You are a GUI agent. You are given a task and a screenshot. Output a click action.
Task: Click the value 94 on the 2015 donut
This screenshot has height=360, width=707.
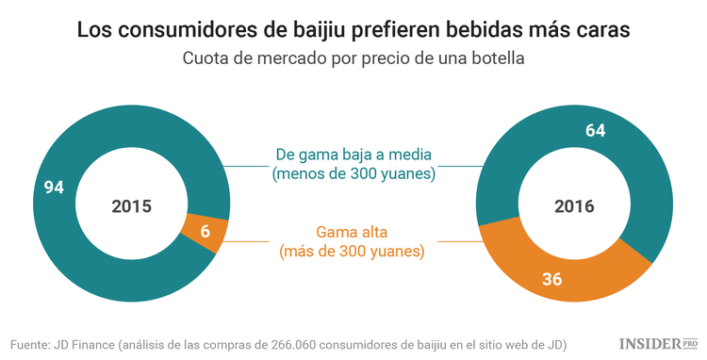54,188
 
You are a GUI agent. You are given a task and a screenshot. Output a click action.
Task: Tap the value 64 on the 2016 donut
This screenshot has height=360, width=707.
595,131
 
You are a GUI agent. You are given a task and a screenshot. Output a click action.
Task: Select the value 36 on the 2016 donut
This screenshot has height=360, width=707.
551,279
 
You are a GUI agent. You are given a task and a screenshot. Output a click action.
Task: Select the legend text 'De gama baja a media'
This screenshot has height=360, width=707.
353,154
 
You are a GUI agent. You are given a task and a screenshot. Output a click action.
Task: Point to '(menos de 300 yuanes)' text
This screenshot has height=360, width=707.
353,174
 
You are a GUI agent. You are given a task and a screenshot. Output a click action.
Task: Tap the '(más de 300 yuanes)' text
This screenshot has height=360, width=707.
352,253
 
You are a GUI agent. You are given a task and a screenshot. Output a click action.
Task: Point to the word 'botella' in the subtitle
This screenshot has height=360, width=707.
497,58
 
